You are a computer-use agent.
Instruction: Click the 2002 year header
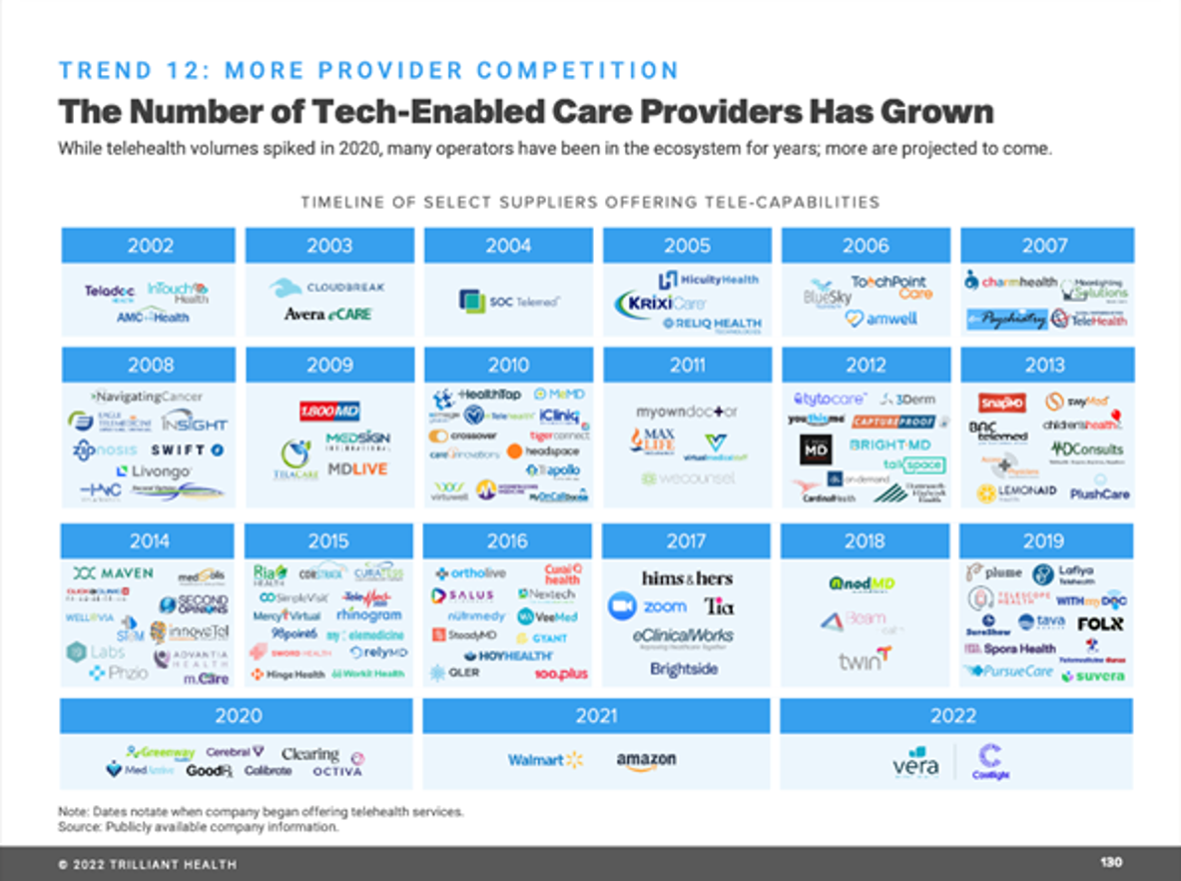click(150, 246)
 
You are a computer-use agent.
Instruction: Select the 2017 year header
click(687, 541)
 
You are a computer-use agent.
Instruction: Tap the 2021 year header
click(596, 715)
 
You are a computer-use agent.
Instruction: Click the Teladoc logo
click(109, 292)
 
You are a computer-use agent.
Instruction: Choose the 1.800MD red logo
click(329, 411)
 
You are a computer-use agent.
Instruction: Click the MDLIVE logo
click(356, 469)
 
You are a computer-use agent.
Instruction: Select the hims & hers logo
click(687, 578)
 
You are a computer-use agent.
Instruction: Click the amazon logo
click(646, 760)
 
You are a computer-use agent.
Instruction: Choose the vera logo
click(915, 764)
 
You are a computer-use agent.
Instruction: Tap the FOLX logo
click(1100, 623)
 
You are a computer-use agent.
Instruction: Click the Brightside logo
click(684, 669)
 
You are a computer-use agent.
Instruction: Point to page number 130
click(1111, 862)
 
